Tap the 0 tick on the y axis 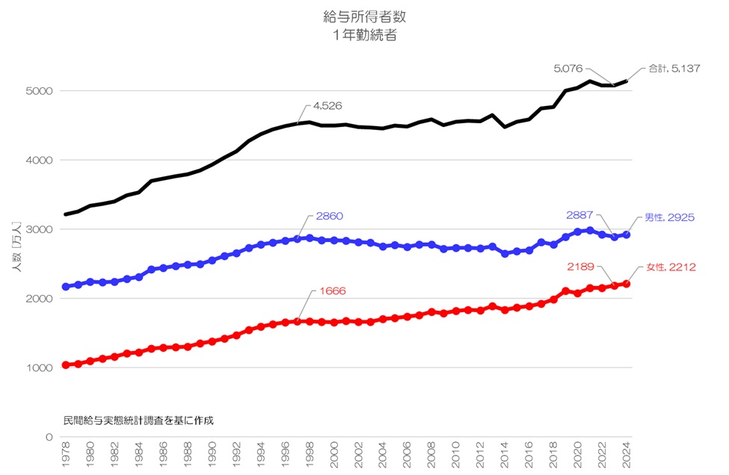tap(49, 438)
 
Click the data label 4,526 tap(327, 106)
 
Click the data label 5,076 tap(568, 68)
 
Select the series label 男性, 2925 tap(670, 217)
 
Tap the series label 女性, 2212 tap(671, 267)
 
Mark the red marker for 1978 tap(66, 365)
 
